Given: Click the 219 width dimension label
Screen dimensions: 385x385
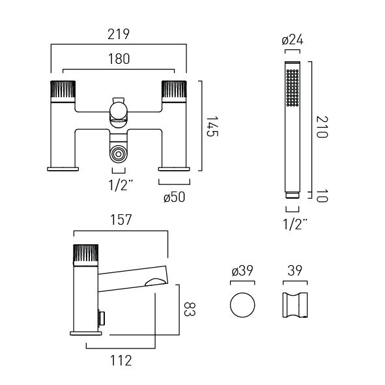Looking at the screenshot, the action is (x=119, y=35).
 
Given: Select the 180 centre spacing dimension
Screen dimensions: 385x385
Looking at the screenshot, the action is (x=119, y=59).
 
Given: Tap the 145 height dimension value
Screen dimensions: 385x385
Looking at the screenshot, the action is (x=212, y=126).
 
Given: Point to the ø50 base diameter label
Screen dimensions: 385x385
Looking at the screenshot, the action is (x=175, y=197).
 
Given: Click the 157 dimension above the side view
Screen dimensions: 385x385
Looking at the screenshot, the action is (x=121, y=220).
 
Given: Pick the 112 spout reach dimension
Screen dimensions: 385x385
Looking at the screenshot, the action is (x=121, y=361).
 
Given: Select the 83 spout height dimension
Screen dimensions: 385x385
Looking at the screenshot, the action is (x=190, y=309).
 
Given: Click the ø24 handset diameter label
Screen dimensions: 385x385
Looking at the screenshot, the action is (x=292, y=40).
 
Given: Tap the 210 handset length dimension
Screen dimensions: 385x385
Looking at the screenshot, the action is (x=322, y=127).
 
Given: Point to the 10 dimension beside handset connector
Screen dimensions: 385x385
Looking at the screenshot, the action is (x=322, y=195).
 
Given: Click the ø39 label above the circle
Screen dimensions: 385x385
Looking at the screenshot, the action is (x=242, y=270).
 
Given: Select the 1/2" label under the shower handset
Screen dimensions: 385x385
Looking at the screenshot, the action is (x=295, y=224).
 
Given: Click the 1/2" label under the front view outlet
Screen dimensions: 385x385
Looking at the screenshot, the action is (x=121, y=185).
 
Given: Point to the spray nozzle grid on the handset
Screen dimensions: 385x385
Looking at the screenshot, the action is (x=292, y=88).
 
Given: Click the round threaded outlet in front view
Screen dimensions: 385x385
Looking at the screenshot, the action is (x=119, y=154).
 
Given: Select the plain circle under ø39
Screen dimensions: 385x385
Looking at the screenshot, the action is (x=242, y=306).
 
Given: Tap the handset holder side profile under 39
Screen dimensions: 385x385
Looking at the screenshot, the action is (x=295, y=306).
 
